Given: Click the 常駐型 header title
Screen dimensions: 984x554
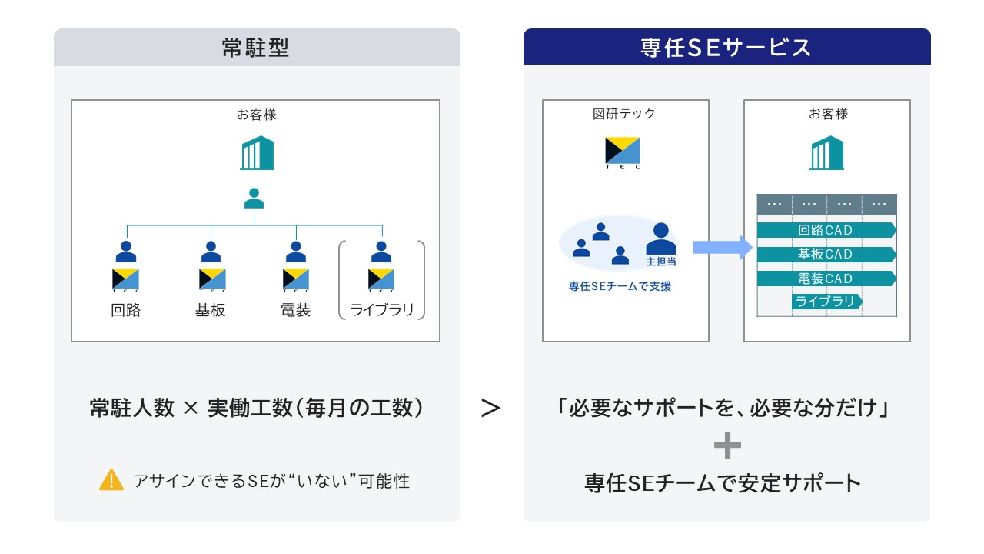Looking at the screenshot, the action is coord(255,48).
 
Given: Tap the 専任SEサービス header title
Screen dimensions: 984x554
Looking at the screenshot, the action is coord(726,48).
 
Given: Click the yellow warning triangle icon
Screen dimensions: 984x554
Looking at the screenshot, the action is coord(111,479).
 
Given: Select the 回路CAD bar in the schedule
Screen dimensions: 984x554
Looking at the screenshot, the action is coord(826,230).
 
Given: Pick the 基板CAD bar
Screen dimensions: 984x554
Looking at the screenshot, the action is coord(826,254).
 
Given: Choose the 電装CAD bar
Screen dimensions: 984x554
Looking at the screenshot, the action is coord(826,279).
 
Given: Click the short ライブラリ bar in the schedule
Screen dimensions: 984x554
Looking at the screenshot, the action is coord(827,302).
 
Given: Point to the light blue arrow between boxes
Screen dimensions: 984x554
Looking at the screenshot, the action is coord(723,247).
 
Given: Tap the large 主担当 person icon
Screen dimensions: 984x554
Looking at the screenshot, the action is coord(661,239).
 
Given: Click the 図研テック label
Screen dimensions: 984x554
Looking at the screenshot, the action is coord(623,114).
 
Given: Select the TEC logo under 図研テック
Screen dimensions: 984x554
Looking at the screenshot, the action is coord(623,152).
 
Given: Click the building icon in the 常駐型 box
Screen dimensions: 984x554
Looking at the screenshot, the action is coord(257,152).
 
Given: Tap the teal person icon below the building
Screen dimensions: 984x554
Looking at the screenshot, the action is coord(254,199).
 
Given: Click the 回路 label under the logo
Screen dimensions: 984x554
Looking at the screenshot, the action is coord(125,310).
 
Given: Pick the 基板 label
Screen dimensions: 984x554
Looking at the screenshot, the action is coord(211,310).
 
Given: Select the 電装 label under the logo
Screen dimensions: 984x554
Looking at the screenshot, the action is coord(296,310).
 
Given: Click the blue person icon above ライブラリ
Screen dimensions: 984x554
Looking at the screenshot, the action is coord(381,252).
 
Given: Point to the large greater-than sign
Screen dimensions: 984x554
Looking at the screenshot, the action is coord(490,408).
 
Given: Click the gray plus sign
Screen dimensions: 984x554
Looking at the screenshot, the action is coord(727,445).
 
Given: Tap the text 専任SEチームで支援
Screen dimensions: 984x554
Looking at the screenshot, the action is coord(620,287).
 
